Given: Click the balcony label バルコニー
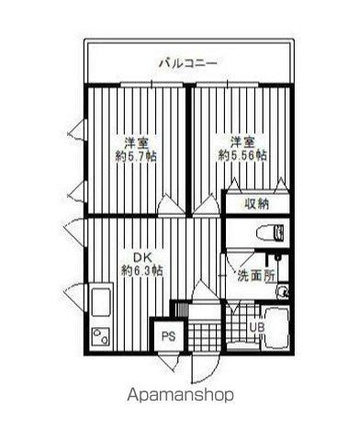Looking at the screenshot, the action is pyautogui.click(x=188, y=63).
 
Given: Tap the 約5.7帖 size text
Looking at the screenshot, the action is pyautogui.click(x=136, y=156).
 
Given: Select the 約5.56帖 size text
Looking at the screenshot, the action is pyautogui.click(x=242, y=156).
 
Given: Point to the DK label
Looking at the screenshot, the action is pyautogui.click(x=141, y=257).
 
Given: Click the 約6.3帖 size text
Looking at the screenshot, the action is pyautogui.click(x=142, y=270).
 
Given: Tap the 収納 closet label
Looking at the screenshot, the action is pyautogui.click(x=256, y=203).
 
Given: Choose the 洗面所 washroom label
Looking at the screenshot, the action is pyautogui.click(x=256, y=277).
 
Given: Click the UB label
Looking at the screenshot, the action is pyautogui.click(x=257, y=327).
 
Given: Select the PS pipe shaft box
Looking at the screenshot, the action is pyautogui.click(x=169, y=336).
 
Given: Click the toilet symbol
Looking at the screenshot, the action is pyautogui.click(x=271, y=232).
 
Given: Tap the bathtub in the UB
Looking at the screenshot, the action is pyautogui.click(x=276, y=329).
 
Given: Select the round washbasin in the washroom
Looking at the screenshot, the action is pyautogui.click(x=283, y=291).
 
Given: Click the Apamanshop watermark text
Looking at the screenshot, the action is pyautogui.click(x=180, y=395).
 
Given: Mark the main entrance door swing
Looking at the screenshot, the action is pyautogui.click(x=204, y=367).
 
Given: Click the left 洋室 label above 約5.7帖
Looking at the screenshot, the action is pyautogui.click(x=136, y=142).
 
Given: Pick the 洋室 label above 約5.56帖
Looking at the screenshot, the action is pyautogui.click(x=242, y=142).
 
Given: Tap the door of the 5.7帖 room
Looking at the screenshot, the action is pyautogui.click(x=172, y=205).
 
